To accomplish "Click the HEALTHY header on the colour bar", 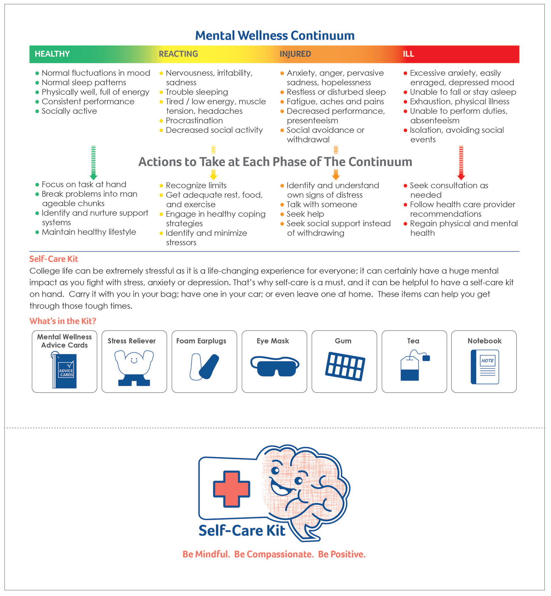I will click(x=52, y=54).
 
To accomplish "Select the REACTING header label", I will click(x=178, y=54).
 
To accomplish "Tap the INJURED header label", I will click(x=295, y=54).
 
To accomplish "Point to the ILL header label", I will click(x=408, y=54).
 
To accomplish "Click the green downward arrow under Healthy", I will click(x=93, y=163).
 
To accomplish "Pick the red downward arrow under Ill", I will click(x=461, y=163).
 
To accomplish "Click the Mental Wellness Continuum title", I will click(x=275, y=36).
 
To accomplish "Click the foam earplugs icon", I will click(x=204, y=367).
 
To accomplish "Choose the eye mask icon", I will click(x=274, y=366).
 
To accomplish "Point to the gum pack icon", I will click(x=345, y=366).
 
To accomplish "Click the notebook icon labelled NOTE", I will click(x=485, y=367).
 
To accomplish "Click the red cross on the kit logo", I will click(x=231, y=489).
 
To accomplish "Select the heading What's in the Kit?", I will click(x=63, y=321).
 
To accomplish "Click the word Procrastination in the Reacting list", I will click(x=194, y=121).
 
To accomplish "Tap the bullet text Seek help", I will click(x=305, y=214).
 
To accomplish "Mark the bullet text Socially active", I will click(x=69, y=111).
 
